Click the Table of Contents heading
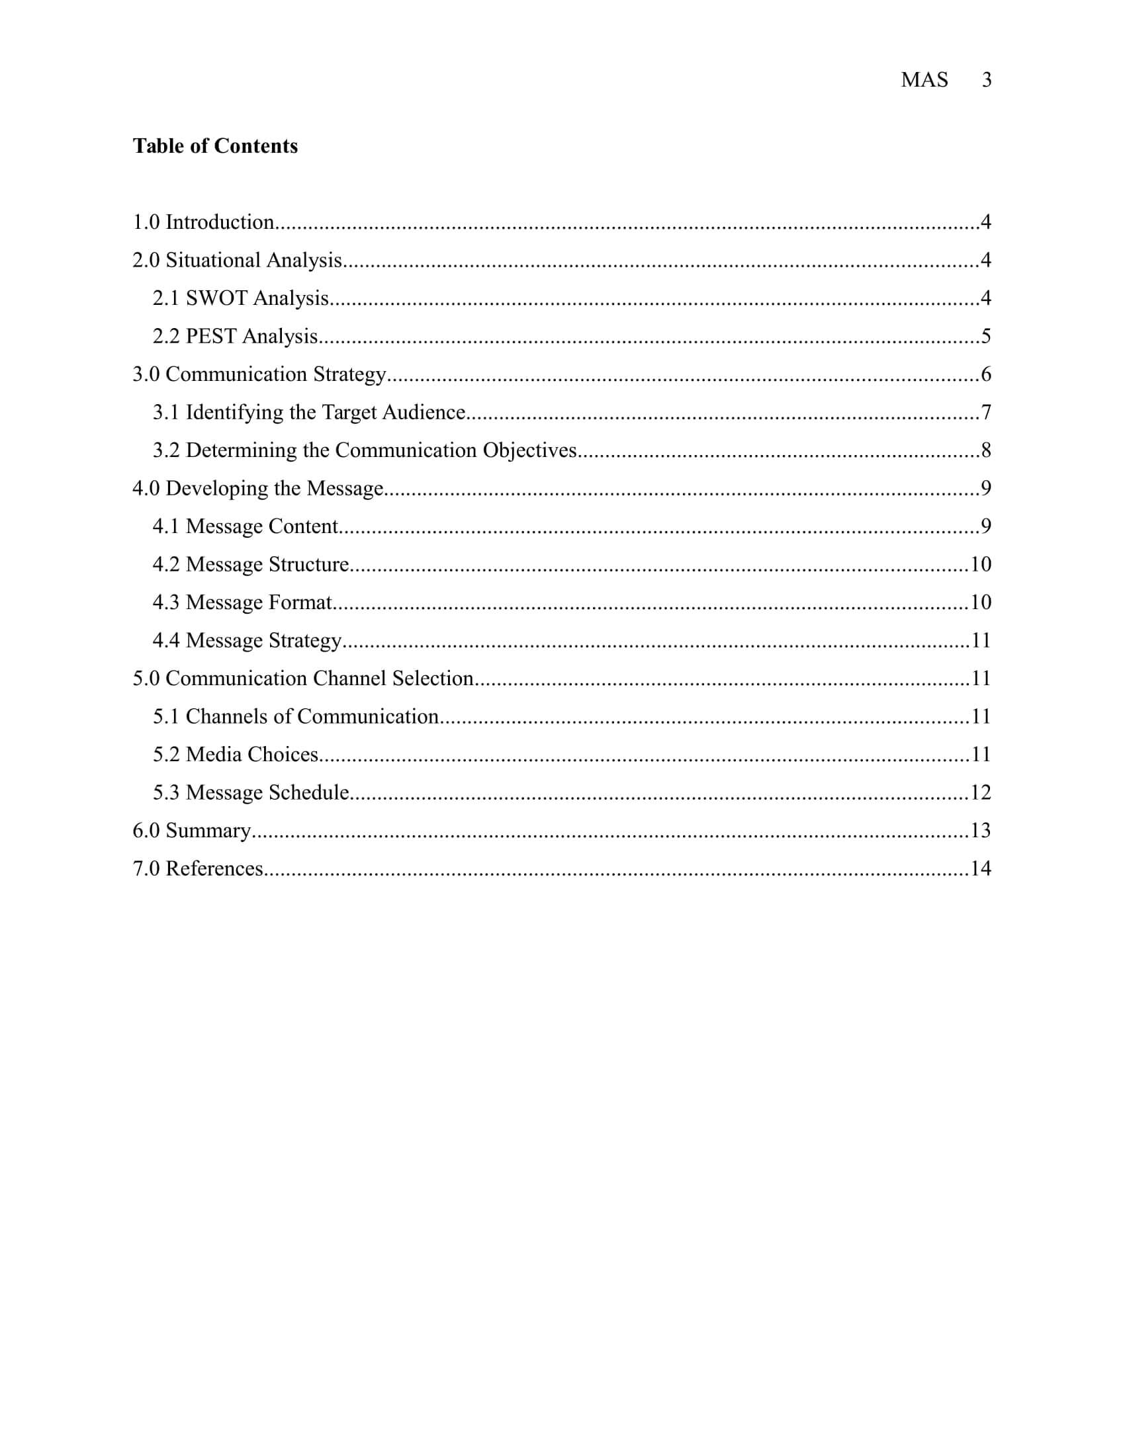[215, 146]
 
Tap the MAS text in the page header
[924, 80]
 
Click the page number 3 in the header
[987, 80]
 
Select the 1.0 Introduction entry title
[203, 222]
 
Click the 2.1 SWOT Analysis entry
[241, 298]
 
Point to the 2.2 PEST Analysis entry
[235, 336]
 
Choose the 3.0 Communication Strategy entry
[259, 374]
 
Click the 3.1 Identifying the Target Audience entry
[308, 413]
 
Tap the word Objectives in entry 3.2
[529, 450]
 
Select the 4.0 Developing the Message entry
[258, 488]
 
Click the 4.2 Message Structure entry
[251, 564]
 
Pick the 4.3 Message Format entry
[242, 603]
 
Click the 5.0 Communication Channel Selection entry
[302, 678]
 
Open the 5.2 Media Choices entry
[236, 754]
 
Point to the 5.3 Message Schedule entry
[251, 792]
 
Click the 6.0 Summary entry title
[191, 830]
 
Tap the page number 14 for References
[980, 868]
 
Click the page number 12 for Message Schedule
[980, 792]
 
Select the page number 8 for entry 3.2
[986, 450]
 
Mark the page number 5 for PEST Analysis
[986, 336]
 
